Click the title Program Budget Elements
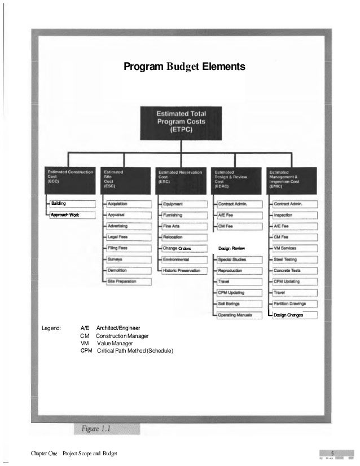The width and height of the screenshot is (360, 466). [185, 68]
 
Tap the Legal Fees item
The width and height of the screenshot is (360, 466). [128, 237]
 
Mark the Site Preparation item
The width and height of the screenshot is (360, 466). [128, 282]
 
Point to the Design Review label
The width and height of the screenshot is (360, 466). [231, 248]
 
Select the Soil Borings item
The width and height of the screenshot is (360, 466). [238, 304]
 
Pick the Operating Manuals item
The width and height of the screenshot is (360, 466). [238, 315]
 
